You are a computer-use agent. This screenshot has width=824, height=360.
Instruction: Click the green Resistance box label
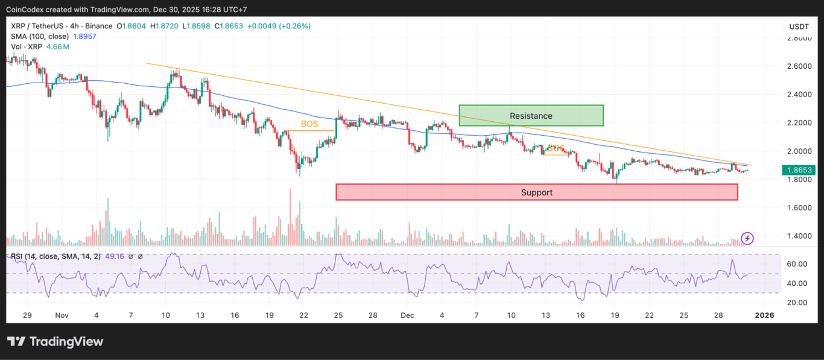[531, 116]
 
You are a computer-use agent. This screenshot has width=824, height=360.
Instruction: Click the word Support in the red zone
[536, 192]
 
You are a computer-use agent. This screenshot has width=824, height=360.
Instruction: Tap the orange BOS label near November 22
[309, 124]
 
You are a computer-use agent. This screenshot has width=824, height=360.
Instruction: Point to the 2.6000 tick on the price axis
[800, 66]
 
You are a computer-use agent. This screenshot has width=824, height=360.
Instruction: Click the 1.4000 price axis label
[800, 236]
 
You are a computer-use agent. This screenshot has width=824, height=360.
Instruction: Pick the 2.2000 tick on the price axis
[800, 122]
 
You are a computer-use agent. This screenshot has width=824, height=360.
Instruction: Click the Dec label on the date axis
[407, 315]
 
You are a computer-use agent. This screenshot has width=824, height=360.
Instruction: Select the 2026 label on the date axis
[765, 315]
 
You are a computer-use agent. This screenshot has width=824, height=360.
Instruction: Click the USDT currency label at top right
[799, 27]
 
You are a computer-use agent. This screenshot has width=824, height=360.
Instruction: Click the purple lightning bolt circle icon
[747, 238]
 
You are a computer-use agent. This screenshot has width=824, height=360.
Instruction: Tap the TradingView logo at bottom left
[55, 341]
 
